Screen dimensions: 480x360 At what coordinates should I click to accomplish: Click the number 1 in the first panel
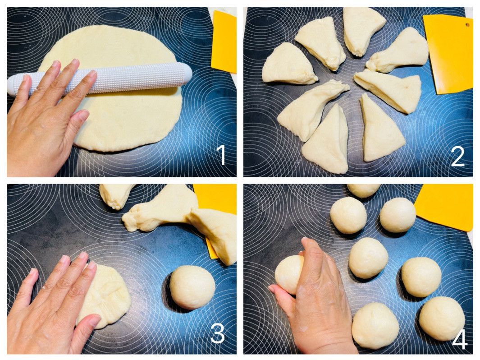[221, 155]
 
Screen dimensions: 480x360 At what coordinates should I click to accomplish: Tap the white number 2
[457, 156]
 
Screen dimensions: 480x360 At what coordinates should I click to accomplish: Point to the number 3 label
[218, 333]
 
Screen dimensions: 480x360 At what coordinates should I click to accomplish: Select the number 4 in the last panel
[459, 339]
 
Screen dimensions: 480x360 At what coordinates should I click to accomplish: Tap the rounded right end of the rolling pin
[186, 74]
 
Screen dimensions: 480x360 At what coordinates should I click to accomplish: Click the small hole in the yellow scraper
[467, 24]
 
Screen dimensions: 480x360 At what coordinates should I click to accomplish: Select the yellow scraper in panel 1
[224, 42]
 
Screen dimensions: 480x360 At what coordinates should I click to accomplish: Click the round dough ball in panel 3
[192, 287]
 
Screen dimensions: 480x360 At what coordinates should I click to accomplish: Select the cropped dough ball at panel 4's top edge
[363, 190]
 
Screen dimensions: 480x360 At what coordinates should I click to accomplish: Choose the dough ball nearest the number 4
[441, 318]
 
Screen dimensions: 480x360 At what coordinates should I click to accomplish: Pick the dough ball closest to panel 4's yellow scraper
[398, 215]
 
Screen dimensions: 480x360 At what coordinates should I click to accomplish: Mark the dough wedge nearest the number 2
[383, 128]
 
